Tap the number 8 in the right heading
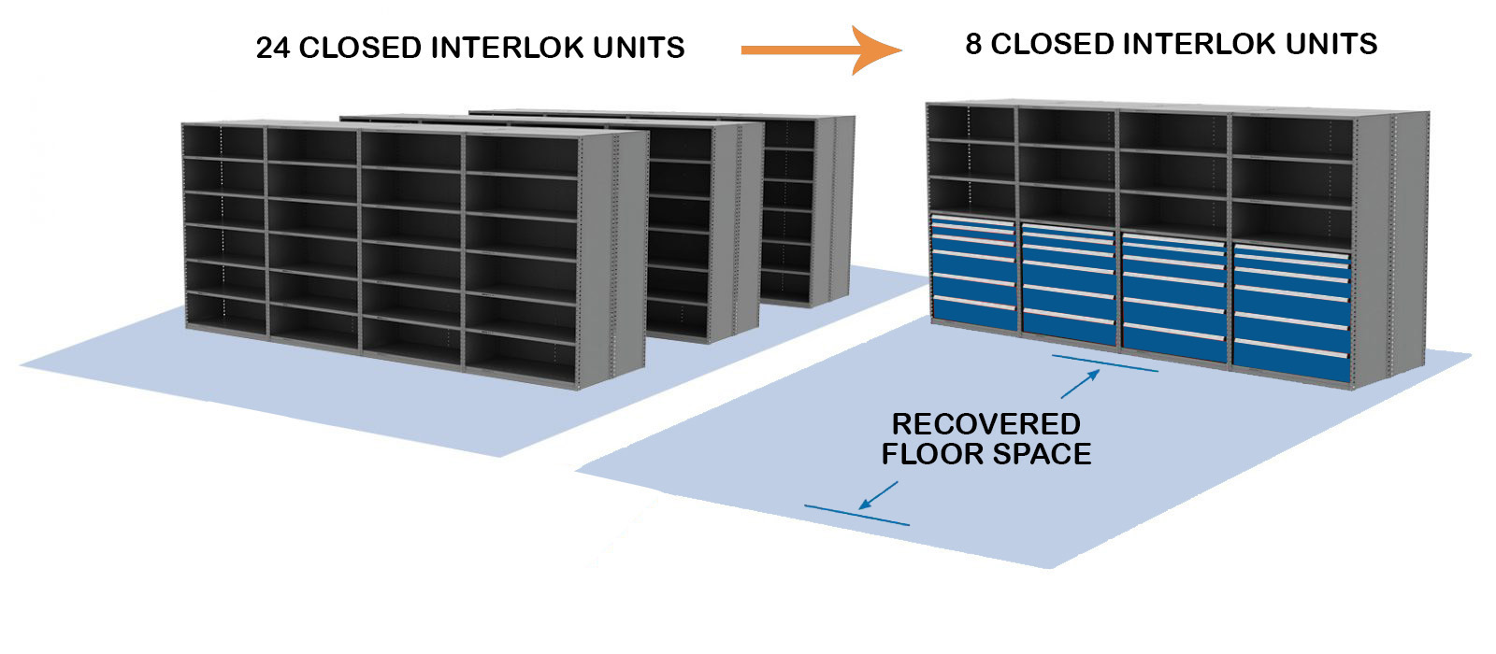pos(973,44)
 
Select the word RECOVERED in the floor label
pos(985,424)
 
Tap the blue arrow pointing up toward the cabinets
pos(1081,384)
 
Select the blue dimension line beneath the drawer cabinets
pos(1104,363)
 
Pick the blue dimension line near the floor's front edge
pos(856,516)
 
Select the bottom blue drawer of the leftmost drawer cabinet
pos(973,316)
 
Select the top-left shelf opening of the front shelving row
pos(223,142)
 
